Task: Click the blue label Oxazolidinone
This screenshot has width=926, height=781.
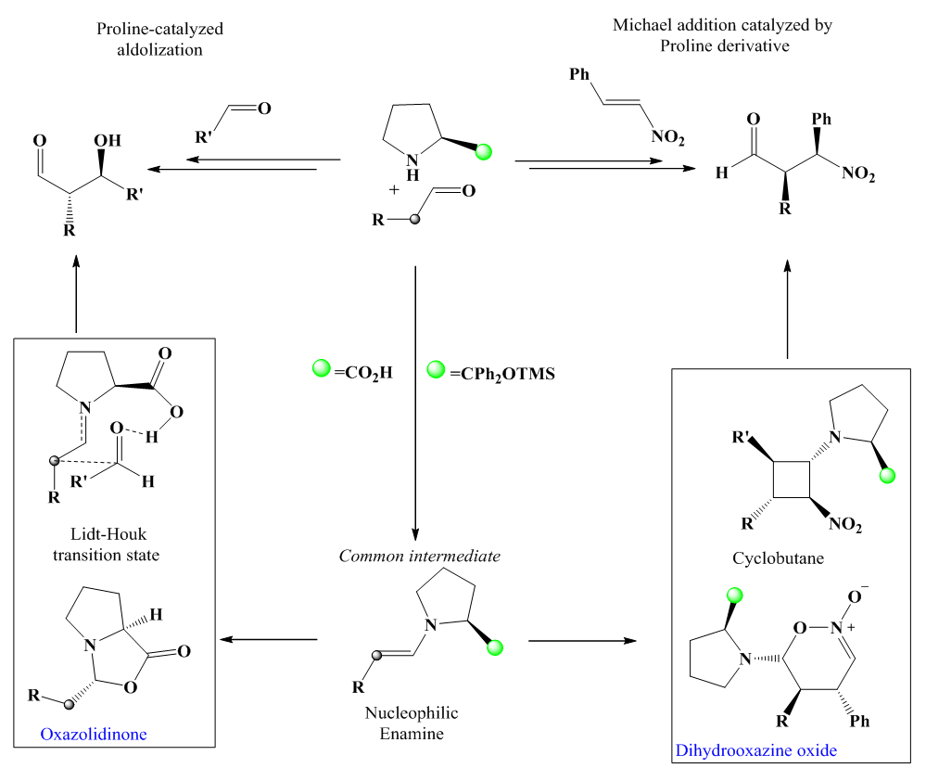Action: (x=93, y=734)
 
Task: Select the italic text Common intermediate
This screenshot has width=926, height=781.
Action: (x=420, y=557)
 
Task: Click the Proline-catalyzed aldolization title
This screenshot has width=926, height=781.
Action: (x=160, y=40)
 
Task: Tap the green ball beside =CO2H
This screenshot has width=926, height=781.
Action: (x=321, y=372)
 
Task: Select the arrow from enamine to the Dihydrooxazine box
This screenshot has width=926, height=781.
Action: (x=582, y=641)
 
